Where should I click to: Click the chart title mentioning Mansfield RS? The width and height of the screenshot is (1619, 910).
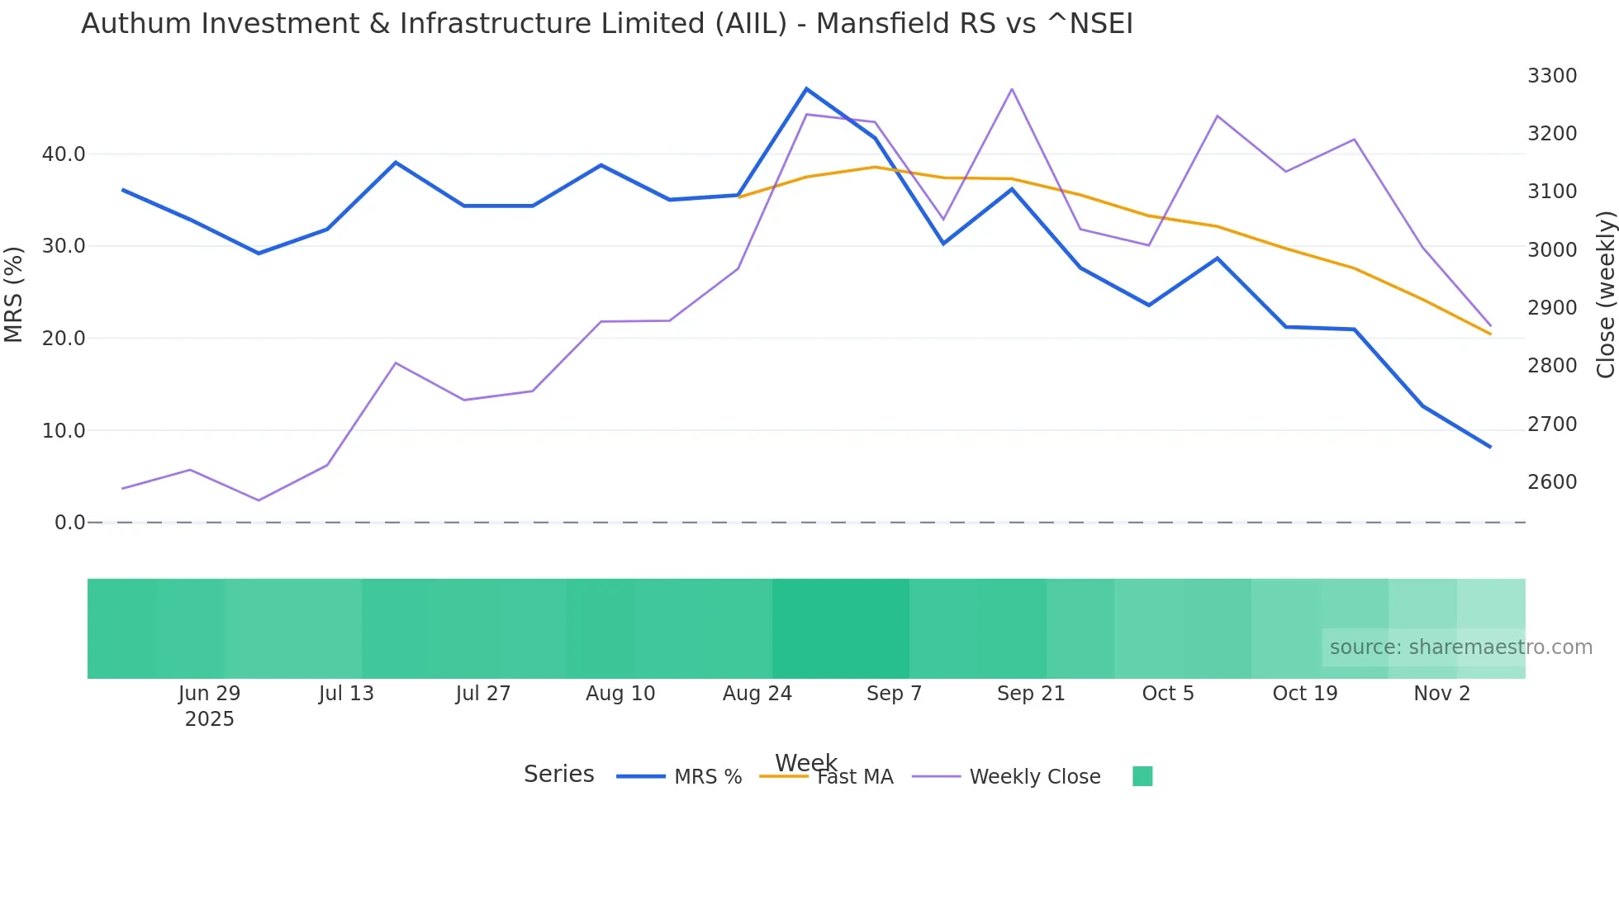[606, 24]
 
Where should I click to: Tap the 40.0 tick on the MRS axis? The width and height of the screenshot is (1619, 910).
[64, 154]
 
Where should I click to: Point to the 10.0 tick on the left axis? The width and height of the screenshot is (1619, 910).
[64, 431]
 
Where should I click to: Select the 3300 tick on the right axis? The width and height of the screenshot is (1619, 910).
[1551, 76]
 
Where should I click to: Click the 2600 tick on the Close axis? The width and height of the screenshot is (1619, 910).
[1551, 482]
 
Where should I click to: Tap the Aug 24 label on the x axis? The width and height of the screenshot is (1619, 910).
[757, 694]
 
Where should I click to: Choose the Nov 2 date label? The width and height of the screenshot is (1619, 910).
[1441, 694]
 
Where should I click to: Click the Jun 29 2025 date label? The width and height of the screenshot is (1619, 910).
[209, 706]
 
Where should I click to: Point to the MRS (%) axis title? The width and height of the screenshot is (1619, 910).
[14, 295]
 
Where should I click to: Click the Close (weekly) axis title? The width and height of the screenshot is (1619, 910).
[1605, 295]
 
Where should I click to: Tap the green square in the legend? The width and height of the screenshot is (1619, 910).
[1142, 776]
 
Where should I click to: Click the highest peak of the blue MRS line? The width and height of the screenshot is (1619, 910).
[806, 88]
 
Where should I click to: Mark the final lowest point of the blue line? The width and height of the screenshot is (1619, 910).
[1490, 447]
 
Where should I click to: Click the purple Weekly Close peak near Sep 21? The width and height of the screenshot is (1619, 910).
[1012, 89]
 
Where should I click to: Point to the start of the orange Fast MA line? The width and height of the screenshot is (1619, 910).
[738, 197]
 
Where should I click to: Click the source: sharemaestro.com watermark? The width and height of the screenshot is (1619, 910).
[1460, 647]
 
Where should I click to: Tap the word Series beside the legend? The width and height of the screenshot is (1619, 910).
[558, 775]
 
